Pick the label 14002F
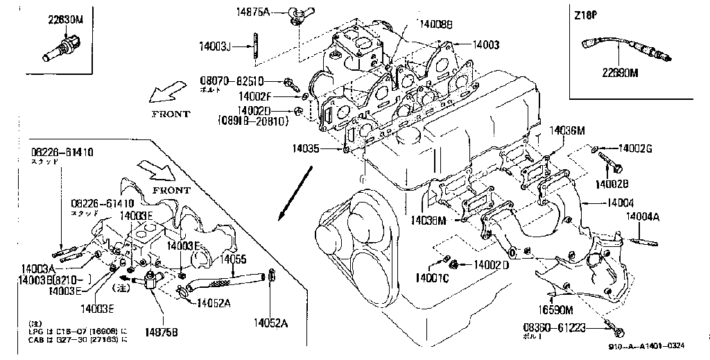pyautogui.click(x=260, y=96)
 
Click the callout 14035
pyautogui.click(x=305, y=148)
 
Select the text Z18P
pyautogui.click(x=587, y=15)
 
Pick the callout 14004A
pyautogui.click(x=643, y=216)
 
